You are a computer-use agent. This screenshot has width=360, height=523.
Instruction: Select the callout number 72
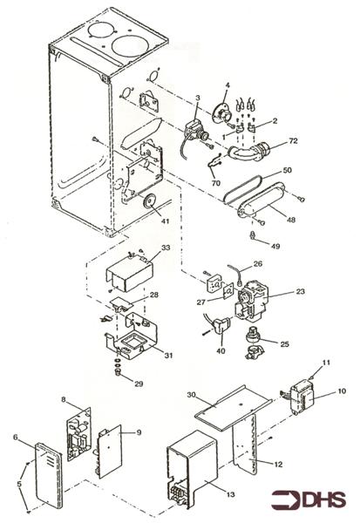point(293,140)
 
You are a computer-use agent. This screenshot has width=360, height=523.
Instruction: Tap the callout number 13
point(229,494)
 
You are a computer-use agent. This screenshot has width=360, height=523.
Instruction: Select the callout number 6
point(16,438)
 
